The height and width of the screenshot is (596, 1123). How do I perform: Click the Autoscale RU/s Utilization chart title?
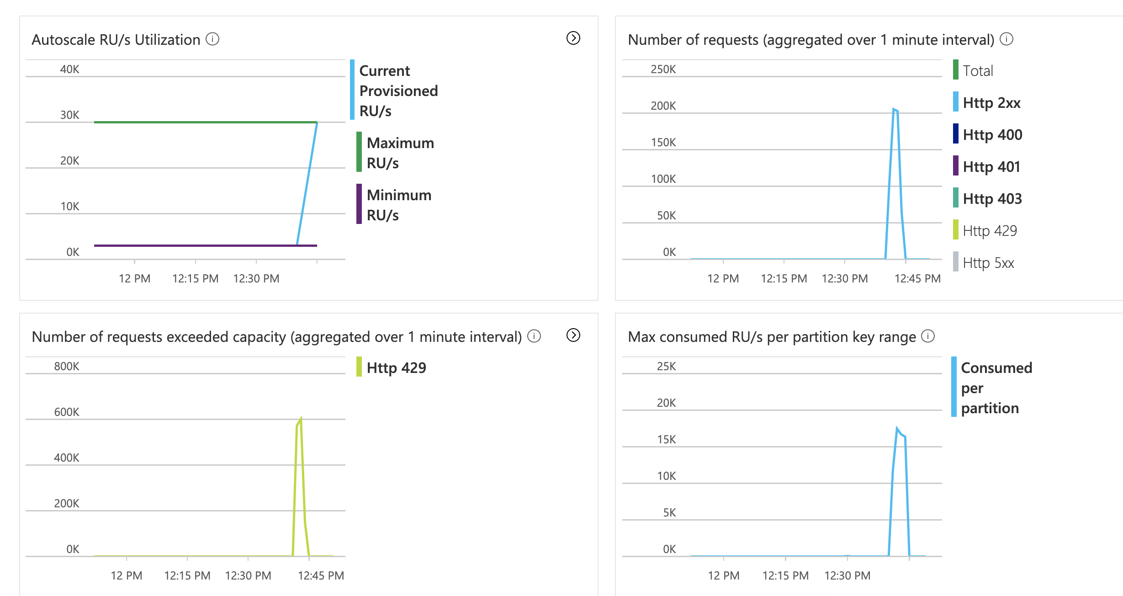[116, 40]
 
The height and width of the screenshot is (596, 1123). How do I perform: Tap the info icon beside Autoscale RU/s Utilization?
[212, 39]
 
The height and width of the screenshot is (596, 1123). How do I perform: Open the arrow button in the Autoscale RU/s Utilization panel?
[573, 38]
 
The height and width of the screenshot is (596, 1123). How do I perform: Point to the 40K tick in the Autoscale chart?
[69, 69]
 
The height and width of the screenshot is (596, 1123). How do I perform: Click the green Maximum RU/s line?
[206, 122]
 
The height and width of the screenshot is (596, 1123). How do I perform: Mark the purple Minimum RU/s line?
[206, 245]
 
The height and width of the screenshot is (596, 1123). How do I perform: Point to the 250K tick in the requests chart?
[663, 69]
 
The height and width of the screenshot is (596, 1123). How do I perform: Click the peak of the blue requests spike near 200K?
[894, 109]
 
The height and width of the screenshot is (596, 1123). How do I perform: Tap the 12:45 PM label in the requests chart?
[917, 278]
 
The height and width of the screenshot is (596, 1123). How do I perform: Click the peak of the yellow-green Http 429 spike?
[301, 418]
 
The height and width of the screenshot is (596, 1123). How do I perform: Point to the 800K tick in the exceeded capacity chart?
[66, 366]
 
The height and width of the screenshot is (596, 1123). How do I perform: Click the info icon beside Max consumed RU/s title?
[928, 336]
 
